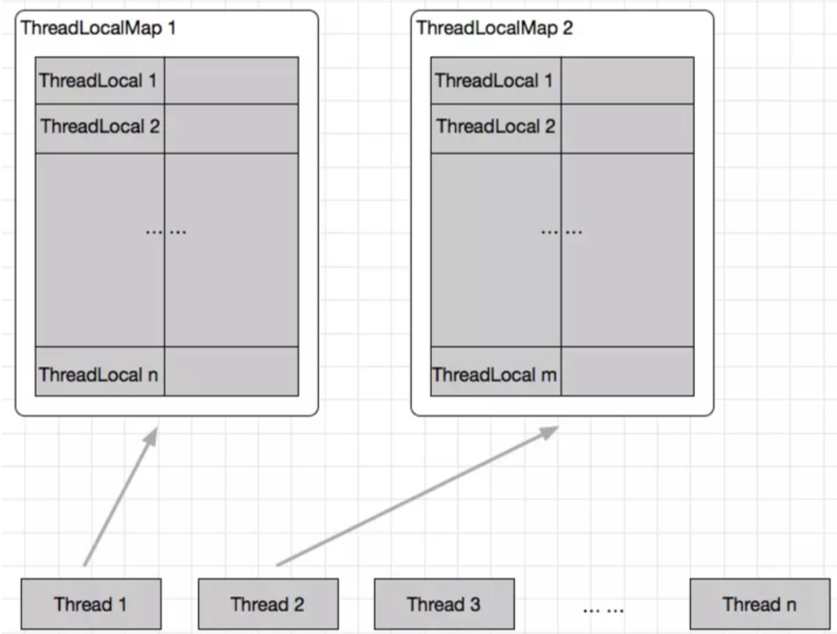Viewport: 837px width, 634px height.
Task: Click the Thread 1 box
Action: click(x=91, y=604)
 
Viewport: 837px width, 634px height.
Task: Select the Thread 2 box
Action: click(x=268, y=604)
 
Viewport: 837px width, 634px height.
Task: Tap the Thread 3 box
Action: click(x=444, y=604)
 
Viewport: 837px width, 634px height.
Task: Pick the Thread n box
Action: click(x=760, y=604)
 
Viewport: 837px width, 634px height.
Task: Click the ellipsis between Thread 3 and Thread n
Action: click(x=603, y=609)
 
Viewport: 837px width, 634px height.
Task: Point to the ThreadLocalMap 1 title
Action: click(x=99, y=27)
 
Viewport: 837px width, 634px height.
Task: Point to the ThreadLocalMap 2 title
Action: click(x=494, y=27)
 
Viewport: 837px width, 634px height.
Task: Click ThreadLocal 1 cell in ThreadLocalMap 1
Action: click(x=100, y=80)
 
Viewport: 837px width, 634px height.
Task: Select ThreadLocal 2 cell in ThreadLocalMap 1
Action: click(x=100, y=128)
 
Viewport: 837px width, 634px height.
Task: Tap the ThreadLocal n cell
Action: click(x=100, y=372)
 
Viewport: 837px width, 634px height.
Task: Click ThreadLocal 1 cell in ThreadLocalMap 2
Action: click(x=495, y=80)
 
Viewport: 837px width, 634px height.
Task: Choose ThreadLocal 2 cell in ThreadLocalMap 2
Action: click(x=495, y=128)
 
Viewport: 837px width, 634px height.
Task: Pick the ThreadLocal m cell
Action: click(x=495, y=374)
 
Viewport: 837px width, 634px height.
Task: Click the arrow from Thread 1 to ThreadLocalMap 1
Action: click(x=119, y=497)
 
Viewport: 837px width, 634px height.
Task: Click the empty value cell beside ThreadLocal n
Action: click(x=231, y=372)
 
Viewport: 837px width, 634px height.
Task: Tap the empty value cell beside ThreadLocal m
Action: click(x=626, y=372)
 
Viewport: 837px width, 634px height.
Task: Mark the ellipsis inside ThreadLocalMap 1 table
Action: click(x=165, y=231)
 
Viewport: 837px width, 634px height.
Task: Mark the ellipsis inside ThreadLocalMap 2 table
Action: click(x=561, y=231)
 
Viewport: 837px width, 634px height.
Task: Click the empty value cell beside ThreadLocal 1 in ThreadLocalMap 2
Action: click(x=626, y=80)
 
